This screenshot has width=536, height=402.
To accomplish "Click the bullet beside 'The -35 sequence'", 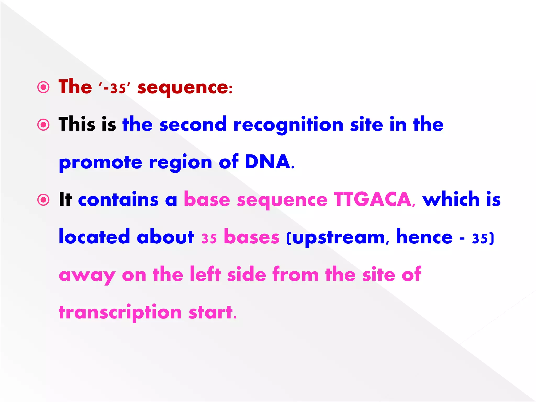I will (43, 87).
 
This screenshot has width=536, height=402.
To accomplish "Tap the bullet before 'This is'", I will (43, 125).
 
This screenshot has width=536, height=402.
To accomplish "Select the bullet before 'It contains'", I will (43, 200).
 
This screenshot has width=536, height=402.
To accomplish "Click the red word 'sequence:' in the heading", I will (185, 88).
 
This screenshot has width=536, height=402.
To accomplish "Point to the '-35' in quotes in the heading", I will (114, 88).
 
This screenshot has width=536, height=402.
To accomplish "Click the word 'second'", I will (193, 125).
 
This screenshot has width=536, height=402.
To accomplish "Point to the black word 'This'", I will (77, 125).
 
